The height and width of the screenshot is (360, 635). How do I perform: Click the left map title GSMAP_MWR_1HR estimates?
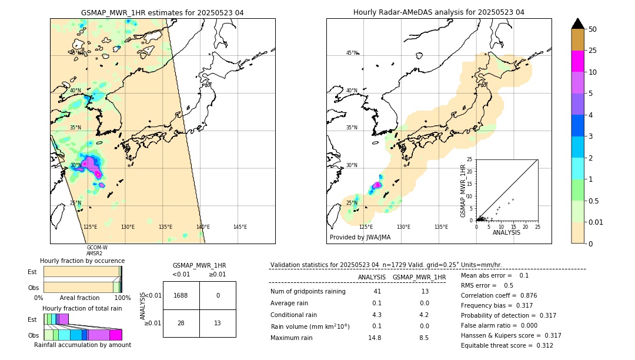(162, 12)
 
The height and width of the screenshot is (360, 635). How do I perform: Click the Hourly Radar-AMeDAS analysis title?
(439, 12)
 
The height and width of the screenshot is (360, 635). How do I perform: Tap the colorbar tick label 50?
(593, 29)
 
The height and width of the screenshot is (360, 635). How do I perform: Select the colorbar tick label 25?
(593, 51)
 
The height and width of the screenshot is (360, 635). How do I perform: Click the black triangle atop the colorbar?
(578, 24)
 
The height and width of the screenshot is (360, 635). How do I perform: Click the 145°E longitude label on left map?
(240, 227)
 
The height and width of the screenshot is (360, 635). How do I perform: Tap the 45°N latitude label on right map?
(352, 53)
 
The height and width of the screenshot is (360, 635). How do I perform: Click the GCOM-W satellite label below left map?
(97, 248)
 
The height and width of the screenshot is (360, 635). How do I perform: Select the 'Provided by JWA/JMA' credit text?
(360, 238)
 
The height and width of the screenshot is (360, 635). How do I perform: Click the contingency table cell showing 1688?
(181, 295)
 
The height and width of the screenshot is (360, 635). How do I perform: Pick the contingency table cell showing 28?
(181, 323)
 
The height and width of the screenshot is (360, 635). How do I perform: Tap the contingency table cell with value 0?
(218, 295)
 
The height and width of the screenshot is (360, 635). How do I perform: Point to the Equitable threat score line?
(507, 345)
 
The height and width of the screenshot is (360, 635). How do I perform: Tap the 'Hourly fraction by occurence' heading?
(82, 261)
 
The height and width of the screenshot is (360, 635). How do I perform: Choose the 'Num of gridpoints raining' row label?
(308, 292)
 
